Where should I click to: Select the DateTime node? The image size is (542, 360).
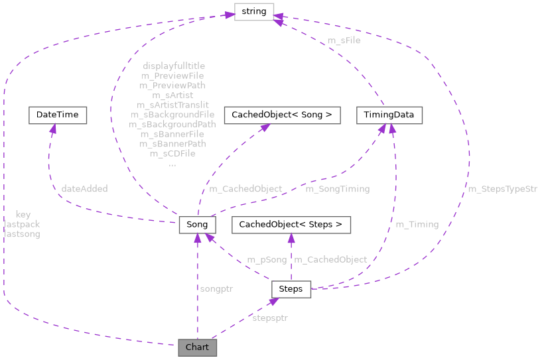[57, 115]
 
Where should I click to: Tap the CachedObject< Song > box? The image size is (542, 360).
[282, 115]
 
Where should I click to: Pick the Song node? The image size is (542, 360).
[197, 224]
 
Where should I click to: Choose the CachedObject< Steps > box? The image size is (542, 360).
[291, 224]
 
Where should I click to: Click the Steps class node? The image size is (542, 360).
[291, 288]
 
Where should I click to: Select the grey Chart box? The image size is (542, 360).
[197, 347]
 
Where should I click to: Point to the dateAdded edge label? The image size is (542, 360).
[84, 189]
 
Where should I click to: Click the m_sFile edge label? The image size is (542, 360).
[344, 41]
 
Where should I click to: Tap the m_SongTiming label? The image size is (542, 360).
[337, 189]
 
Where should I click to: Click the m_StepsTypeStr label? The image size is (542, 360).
[502, 189]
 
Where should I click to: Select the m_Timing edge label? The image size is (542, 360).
[417, 224]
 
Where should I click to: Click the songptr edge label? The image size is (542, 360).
[216, 288]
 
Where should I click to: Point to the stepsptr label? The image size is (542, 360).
[269, 318]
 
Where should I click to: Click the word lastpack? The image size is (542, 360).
[22, 224]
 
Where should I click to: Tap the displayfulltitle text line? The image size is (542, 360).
[174, 66]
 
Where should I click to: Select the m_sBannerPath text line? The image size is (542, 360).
[172, 143]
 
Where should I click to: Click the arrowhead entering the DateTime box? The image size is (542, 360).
[50, 128]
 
